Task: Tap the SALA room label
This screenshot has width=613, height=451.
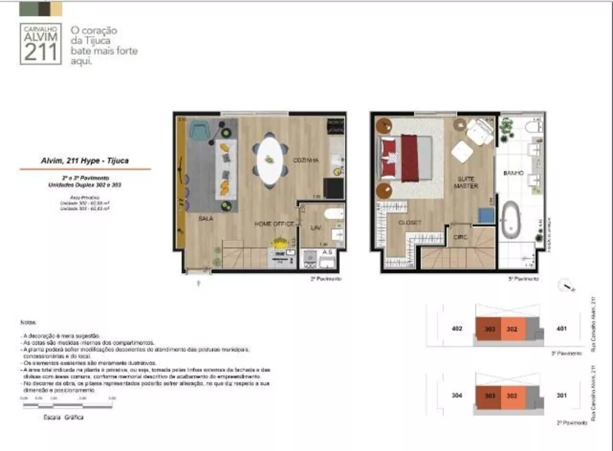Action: tap(205, 218)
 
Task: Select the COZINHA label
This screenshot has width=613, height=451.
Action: tap(305, 160)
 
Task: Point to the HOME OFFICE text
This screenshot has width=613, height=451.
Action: tap(274, 224)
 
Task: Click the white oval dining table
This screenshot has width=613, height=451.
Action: tap(270, 160)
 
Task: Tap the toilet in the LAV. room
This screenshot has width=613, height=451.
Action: tap(334, 214)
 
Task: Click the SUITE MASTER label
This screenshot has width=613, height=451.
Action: tap(466, 182)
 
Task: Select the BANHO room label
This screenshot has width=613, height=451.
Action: tap(513, 173)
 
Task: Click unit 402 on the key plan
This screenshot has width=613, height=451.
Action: tap(456, 329)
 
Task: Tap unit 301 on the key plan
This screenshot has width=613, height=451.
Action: tap(562, 395)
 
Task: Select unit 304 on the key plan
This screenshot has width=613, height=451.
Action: tap(456, 395)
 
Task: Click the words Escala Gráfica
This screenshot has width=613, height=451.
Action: tap(63, 417)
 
